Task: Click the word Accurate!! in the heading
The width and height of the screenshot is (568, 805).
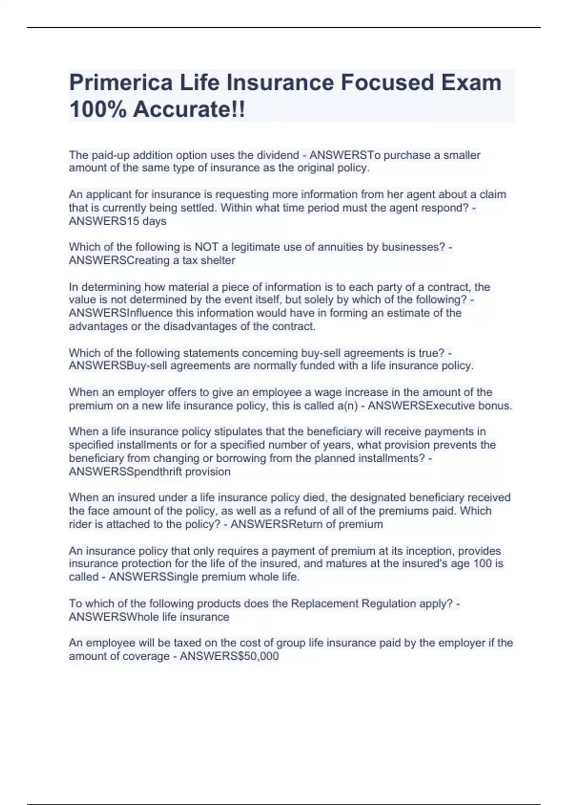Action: [x=189, y=110]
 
